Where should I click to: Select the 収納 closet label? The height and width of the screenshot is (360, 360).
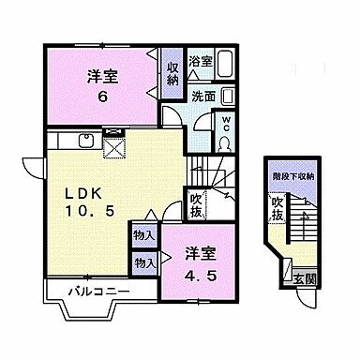[172, 74]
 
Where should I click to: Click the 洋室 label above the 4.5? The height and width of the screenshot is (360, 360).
[196, 253]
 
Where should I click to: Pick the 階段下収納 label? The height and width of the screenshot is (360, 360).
[288, 175]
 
